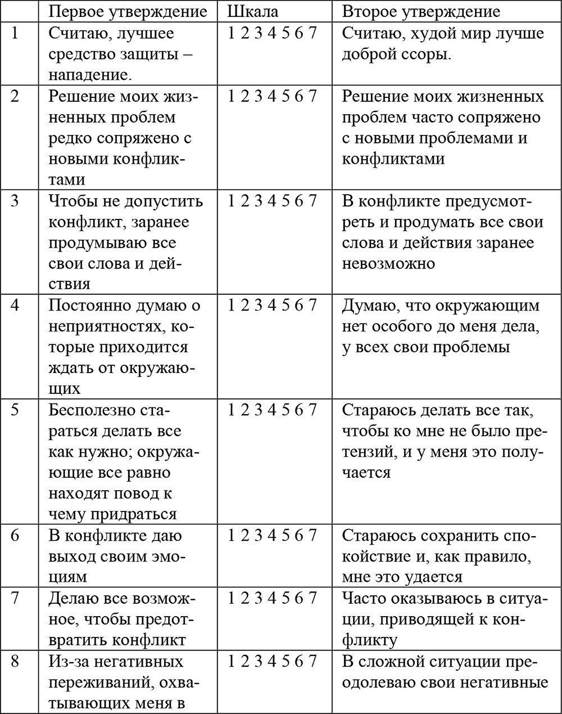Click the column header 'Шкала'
(253, 11)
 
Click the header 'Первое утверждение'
(128, 11)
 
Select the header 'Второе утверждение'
(421, 11)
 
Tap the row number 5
(15, 410)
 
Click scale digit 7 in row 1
(313, 33)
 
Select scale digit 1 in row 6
(232, 535)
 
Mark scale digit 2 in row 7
(246, 598)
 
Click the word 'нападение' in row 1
(93, 75)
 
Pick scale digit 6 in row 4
(300, 306)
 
